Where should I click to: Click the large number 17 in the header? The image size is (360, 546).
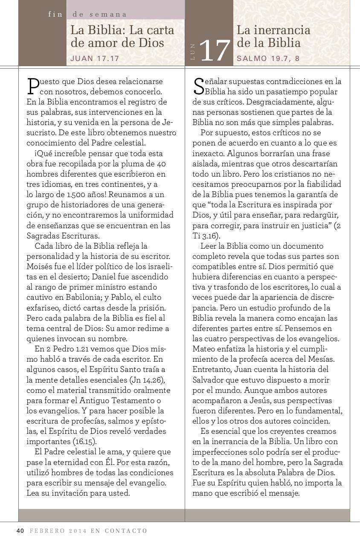click(x=215, y=51)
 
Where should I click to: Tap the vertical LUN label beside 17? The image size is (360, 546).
click(x=193, y=52)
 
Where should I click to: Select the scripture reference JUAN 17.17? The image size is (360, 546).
click(x=95, y=58)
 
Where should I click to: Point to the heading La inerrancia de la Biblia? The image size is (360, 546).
click(x=273, y=37)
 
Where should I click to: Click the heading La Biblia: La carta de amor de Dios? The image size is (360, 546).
click(x=122, y=37)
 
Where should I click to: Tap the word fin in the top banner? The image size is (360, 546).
click(x=55, y=14)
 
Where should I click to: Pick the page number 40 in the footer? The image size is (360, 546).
click(x=20, y=531)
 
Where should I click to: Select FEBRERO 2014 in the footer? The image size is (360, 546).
click(x=58, y=531)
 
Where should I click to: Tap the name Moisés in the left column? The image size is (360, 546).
click(x=39, y=267)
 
